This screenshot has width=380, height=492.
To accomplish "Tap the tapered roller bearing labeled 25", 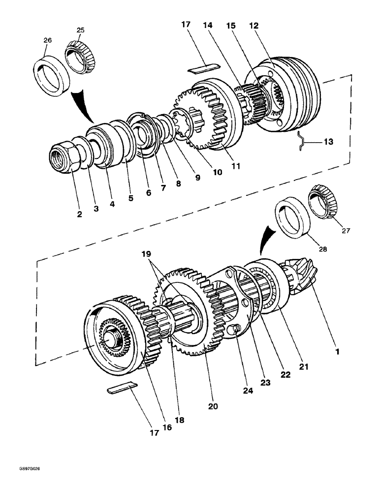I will coord(79,53).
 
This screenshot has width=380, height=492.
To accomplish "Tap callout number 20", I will coord(213,406).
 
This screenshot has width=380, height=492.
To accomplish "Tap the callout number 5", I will coord(131,199).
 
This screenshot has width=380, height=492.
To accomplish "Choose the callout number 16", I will coord(167,428).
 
